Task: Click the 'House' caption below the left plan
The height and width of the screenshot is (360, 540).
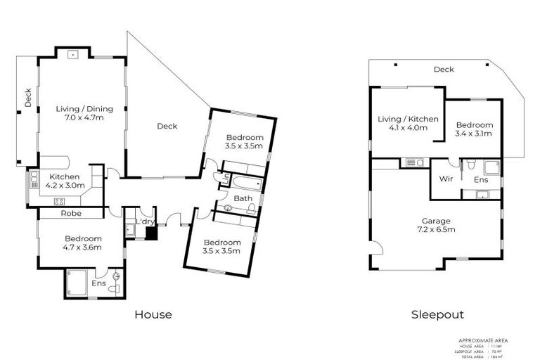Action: (153, 314)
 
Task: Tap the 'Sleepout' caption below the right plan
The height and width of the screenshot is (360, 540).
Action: (437, 314)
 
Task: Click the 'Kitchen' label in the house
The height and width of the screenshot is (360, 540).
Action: (64, 176)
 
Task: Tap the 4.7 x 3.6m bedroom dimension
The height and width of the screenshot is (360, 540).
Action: (84, 247)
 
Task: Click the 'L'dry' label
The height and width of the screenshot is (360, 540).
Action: (145, 221)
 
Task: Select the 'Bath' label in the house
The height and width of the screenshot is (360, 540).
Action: (243, 198)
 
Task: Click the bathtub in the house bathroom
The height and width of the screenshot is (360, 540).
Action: (245, 184)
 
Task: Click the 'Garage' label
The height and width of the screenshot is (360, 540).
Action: (437, 219)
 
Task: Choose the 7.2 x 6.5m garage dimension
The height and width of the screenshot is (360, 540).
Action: (437, 229)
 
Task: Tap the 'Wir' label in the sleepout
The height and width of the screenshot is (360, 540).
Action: (444, 179)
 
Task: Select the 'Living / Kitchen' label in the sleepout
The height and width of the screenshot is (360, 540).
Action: (408, 119)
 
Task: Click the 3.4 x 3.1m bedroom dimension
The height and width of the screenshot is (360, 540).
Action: (473, 133)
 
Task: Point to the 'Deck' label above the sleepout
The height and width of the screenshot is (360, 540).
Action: (444, 70)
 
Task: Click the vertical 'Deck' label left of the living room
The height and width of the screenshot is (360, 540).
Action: (29, 101)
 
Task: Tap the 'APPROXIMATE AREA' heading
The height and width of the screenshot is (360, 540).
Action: (482, 340)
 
